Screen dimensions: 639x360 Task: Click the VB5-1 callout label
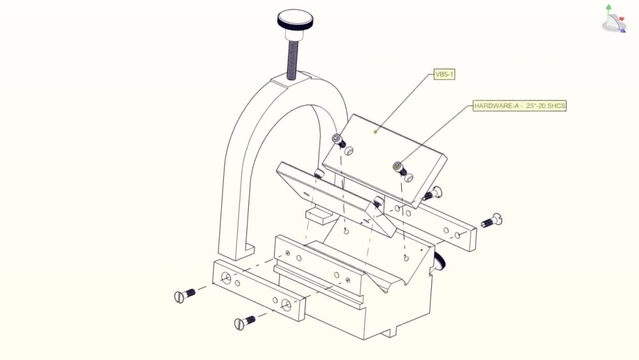coord(444,75)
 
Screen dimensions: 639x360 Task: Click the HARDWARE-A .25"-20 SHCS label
coord(520,106)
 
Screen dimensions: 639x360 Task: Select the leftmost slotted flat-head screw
coord(185,295)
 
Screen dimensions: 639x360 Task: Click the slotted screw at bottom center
coord(245,322)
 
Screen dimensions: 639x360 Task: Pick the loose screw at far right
coord(492,221)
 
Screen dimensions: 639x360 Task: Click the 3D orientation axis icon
coord(613,19)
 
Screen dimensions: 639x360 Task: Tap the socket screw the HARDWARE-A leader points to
coord(399,168)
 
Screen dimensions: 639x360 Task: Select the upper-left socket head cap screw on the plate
coord(338,140)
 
